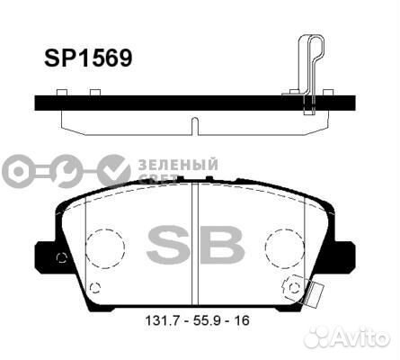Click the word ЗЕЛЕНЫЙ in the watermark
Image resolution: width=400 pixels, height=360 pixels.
tap(178, 163)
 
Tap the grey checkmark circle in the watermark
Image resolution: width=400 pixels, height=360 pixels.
tap(112, 169)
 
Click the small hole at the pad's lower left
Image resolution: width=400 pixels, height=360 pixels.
tap(95, 287)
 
